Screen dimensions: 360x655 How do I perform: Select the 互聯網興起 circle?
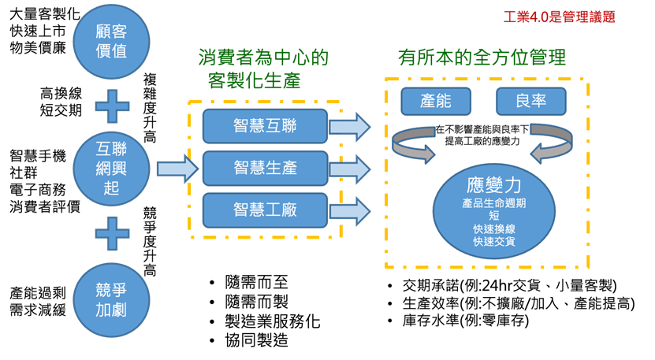point(111,168)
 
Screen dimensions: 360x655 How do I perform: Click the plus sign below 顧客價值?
point(112,105)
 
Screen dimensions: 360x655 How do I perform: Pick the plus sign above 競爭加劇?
point(112,234)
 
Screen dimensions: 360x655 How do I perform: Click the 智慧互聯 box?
point(265,126)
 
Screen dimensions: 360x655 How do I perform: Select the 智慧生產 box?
point(265,168)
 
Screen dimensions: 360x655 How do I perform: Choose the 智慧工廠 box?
point(265,210)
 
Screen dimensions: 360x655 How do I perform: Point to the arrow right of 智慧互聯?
point(350,126)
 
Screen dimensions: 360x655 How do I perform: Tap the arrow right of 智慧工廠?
point(350,210)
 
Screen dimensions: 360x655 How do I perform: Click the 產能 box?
point(436,102)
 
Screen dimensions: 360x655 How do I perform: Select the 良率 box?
point(530,102)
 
